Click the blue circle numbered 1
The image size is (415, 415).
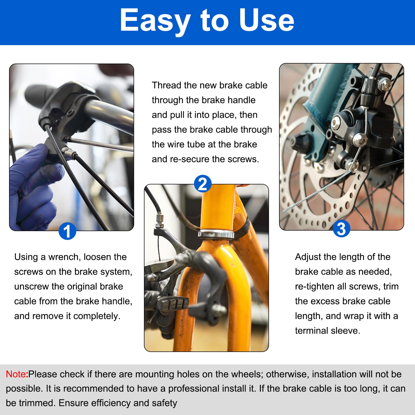tap(67, 231)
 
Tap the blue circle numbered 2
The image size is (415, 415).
tap(203, 184)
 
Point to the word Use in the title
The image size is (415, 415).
tap(267, 20)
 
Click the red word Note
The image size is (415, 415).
tap(16, 374)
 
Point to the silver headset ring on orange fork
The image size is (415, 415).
tap(216, 234)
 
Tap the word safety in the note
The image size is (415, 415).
tap(164, 403)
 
